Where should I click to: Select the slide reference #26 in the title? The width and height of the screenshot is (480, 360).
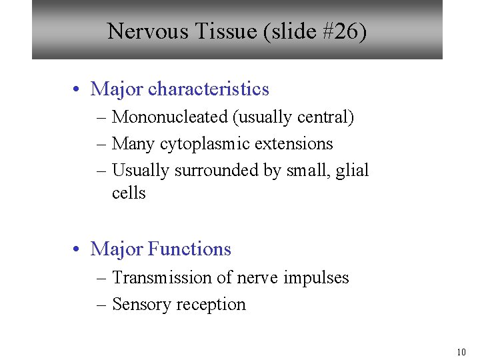tap(341, 31)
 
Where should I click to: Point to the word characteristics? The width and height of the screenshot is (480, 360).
tap(209, 89)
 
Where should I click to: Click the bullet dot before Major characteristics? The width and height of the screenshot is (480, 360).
tap(78, 89)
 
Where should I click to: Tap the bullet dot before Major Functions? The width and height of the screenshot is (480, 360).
tap(78, 249)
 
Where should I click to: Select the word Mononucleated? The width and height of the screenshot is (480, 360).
tap(170, 117)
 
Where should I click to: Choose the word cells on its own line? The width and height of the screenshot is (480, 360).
tap(129, 193)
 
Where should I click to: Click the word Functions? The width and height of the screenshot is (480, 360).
tap(189, 249)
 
